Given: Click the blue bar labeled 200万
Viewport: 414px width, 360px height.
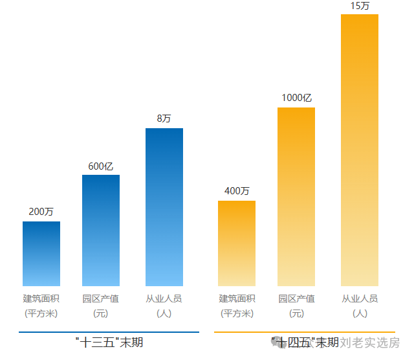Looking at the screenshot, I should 41,254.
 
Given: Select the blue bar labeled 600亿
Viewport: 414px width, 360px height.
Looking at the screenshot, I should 101,231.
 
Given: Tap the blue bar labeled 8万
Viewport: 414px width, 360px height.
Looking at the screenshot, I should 164,207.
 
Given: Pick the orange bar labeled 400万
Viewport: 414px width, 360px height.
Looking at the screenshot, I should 237,243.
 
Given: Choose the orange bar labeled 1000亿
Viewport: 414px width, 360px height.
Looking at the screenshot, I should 296,197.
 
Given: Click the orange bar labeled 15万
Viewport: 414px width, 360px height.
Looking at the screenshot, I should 360,150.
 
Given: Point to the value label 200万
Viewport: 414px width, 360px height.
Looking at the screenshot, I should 41,212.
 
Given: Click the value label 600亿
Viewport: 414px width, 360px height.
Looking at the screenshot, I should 101,166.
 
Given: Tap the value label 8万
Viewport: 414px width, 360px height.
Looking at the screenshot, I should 164,118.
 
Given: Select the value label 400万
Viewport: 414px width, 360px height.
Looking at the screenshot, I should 237,191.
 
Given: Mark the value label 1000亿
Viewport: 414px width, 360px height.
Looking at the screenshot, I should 296,98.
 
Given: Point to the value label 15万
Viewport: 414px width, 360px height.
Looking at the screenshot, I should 360,6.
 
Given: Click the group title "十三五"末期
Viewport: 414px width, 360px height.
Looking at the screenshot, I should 109,342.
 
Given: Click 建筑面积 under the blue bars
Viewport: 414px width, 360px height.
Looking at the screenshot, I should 41,299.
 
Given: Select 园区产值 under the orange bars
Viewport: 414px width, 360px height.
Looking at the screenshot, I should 296,299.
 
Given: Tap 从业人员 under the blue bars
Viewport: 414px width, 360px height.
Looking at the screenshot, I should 164,299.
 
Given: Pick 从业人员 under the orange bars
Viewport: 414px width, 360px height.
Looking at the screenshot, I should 360,299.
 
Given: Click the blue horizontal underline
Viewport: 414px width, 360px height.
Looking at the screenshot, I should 109,332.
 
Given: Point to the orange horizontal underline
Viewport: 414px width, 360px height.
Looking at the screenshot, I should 304,332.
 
